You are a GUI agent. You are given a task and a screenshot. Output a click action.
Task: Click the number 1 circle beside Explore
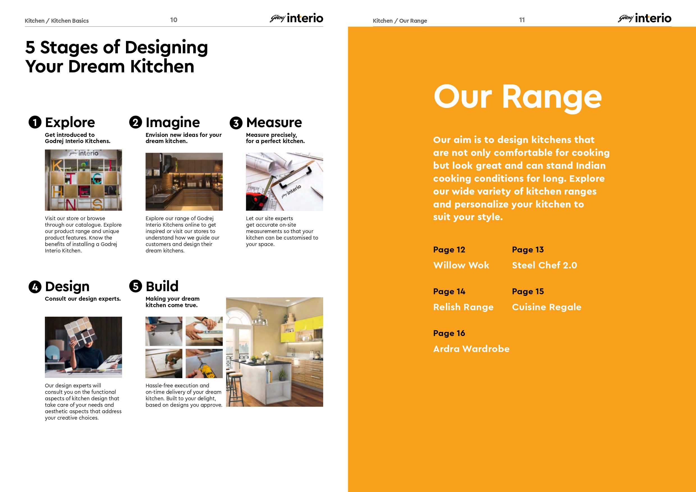pos(35,123)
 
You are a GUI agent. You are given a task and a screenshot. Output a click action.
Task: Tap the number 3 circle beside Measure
pos(236,123)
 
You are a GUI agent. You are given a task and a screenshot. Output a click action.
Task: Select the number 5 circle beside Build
pos(135,286)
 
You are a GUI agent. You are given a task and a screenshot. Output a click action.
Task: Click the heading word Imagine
pos(173,123)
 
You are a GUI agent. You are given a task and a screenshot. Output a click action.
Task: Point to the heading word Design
pos(67,287)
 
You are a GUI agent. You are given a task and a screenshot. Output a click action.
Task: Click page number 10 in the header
pos(174,20)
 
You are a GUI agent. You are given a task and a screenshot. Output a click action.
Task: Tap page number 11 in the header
pos(522,20)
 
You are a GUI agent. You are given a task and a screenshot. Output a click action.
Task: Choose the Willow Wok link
pos(461,265)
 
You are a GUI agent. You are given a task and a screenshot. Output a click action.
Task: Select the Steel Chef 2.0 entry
pos(545,265)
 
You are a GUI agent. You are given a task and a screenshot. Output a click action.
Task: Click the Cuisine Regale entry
pos(546,307)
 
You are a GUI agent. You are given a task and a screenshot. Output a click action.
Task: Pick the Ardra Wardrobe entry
pos(471,349)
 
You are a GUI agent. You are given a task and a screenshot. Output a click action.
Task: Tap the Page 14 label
pos(449,292)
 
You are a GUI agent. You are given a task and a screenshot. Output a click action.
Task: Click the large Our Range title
pos(518,97)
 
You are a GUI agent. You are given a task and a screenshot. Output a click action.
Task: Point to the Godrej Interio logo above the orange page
pos(644,18)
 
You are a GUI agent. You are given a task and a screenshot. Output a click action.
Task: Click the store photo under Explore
pos(83,180)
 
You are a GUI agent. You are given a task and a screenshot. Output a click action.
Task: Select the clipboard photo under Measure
pos(284,181)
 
